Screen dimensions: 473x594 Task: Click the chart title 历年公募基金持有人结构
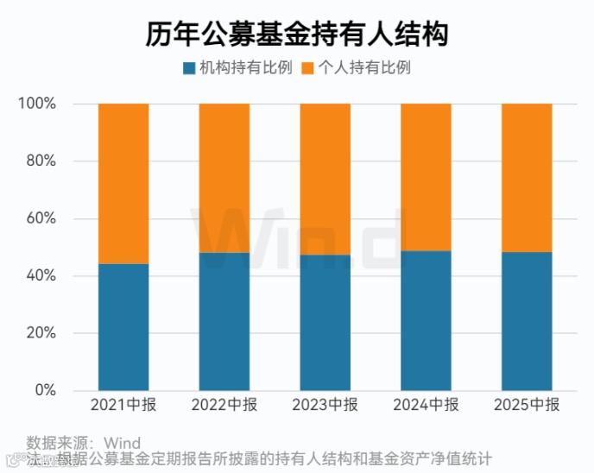pyautogui.click(x=296, y=35)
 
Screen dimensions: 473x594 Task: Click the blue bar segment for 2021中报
pyautogui.click(x=123, y=327)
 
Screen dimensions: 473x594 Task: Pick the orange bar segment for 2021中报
pyautogui.click(x=123, y=183)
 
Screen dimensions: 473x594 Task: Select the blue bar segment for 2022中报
pyautogui.click(x=224, y=321)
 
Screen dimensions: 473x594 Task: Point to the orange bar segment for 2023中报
pyautogui.click(x=325, y=179)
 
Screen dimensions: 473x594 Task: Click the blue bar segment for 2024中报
pyautogui.click(x=427, y=320)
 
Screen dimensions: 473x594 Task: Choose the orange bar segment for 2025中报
pyautogui.click(x=527, y=178)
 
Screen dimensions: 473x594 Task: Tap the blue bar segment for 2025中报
pyautogui.click(x=527, y=321)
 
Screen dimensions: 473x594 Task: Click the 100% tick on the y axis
pyautogui.click(x=37, y=104)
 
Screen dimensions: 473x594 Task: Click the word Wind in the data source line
pyautogui.click(x=122, y=444)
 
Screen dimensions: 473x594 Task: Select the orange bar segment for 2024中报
pyautogui.click(x=427, y=177)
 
